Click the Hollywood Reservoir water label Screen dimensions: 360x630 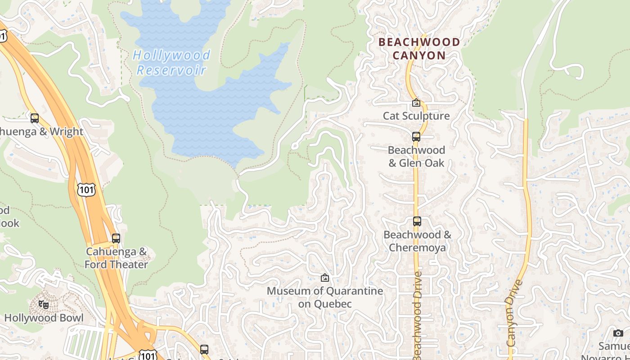[x=171, y=63]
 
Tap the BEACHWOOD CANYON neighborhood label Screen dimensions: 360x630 [x=419, y=49]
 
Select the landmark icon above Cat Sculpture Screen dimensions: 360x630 [x=416, y=103]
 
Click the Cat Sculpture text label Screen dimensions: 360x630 [x=416, y=116]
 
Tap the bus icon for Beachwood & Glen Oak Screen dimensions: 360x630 [x=416, y=136]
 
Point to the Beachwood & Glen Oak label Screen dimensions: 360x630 [x=416, y=156]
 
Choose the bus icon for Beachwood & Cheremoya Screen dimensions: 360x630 [x=417, y=221]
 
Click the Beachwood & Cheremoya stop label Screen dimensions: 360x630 [x=417, y=241]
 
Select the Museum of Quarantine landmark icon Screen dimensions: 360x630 [x=324, y=278]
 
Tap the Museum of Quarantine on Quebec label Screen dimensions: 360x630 [x=325, y=297]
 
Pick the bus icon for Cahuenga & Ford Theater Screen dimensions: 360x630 [x=116, y=238]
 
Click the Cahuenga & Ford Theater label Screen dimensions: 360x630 [x=116, y=258]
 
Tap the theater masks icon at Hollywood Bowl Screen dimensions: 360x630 [x=44, y=305]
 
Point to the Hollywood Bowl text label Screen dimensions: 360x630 [x=44, y=318]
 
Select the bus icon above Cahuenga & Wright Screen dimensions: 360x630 [x=35, y=118]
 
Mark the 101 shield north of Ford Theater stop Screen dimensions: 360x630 [x=86, y=189]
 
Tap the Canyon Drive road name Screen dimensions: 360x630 [x=515, y=313]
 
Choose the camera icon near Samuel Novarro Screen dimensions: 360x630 [x=618, y=333]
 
